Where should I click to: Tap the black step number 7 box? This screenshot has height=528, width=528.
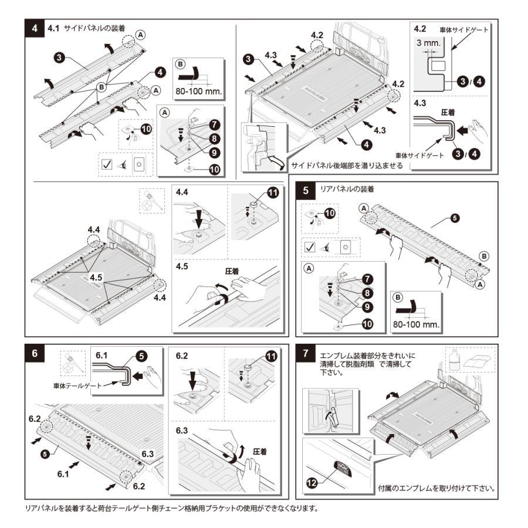pyautogui.click(x=307, y=353)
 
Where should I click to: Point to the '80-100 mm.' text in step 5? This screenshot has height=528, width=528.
pyautogui.click(x=415, y=323)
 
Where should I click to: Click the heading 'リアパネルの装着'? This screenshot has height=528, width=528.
pyautogui.click(x=346, y=189)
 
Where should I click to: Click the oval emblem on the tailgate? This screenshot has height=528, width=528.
pyautogui.click(x=341, y=466)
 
